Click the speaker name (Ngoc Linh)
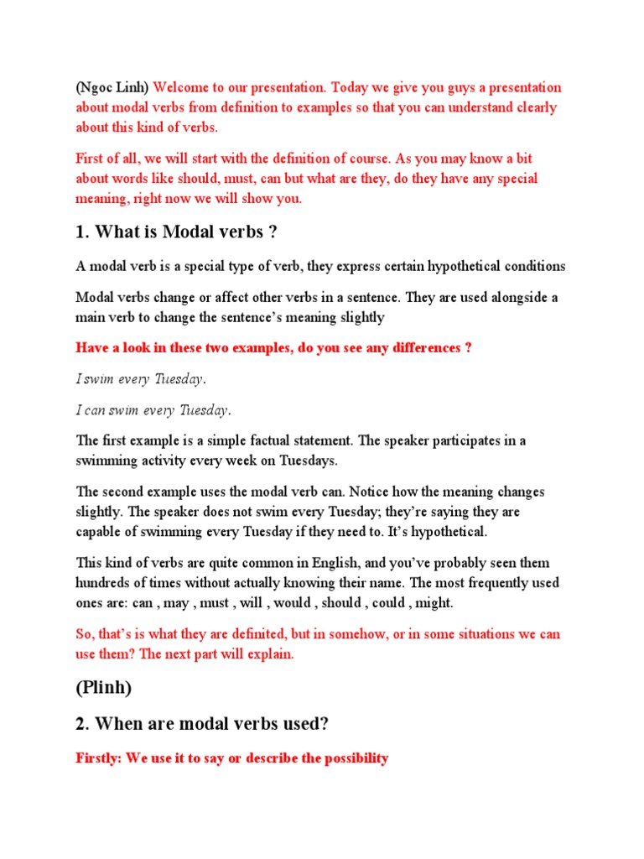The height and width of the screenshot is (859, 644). point(112,88)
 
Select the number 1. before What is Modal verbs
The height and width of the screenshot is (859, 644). point(82,232)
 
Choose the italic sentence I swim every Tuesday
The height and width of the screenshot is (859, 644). point(141,379)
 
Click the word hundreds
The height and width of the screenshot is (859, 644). point(102,583)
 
